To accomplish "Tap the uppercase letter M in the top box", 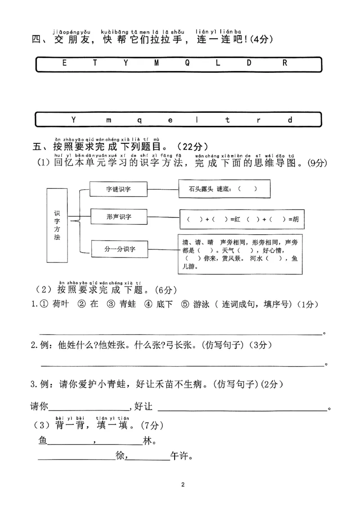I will coord(157,63).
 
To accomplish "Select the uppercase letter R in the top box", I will coord(284,63).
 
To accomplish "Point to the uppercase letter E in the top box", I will coord(64,63).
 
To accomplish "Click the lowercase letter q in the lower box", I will coord(139,120).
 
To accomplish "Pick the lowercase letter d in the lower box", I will coord(290,120).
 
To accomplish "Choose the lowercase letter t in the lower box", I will coord(228,120).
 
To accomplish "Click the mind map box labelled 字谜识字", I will coord(119,189).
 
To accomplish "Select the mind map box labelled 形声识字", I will coord(119,217).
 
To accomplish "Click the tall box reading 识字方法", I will coord(57,225).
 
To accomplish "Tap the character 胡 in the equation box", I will coord(295,219).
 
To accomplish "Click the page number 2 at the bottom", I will coord(182,485).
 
